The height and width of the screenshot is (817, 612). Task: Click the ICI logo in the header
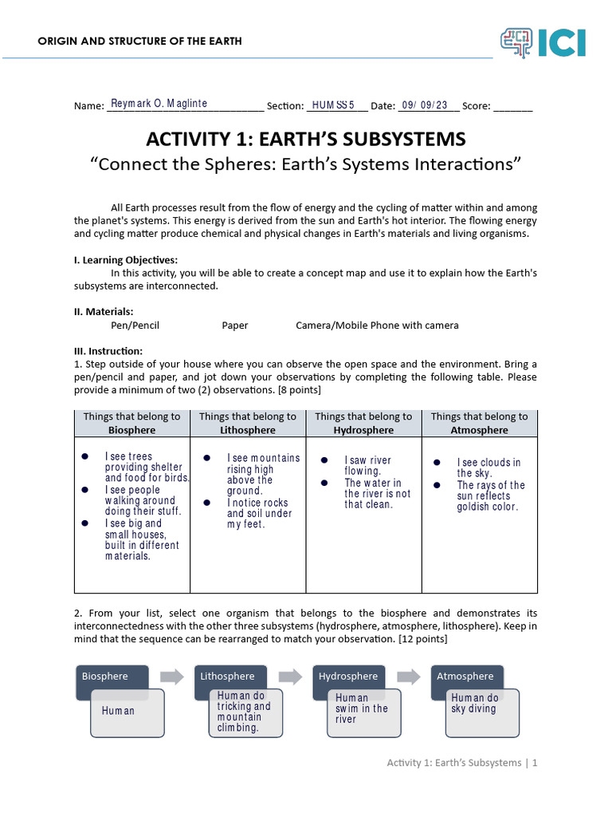click(543, 42)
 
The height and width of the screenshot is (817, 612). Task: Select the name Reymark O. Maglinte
click(159, 104)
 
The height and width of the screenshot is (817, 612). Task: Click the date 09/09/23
click(425, 105)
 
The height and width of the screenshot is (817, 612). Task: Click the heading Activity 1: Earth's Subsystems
click(305, 139)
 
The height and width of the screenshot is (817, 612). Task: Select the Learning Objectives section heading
click(126, 259)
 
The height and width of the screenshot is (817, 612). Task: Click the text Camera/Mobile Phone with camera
click(377, 325)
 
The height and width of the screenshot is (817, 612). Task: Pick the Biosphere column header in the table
click(132, 423)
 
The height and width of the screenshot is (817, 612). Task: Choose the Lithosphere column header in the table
click(247, 423)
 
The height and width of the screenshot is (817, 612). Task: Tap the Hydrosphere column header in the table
click(363, 423)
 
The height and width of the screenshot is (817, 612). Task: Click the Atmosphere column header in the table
click(479, 423)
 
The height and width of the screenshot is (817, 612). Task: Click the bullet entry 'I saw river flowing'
click(367, 466)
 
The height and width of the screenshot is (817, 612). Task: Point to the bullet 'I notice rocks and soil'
click(257, 513)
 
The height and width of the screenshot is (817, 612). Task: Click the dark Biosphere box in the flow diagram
click(112, 677)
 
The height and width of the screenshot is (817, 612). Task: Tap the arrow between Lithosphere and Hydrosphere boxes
click(290, 677)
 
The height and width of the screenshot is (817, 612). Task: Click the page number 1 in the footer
click(535, 763)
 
